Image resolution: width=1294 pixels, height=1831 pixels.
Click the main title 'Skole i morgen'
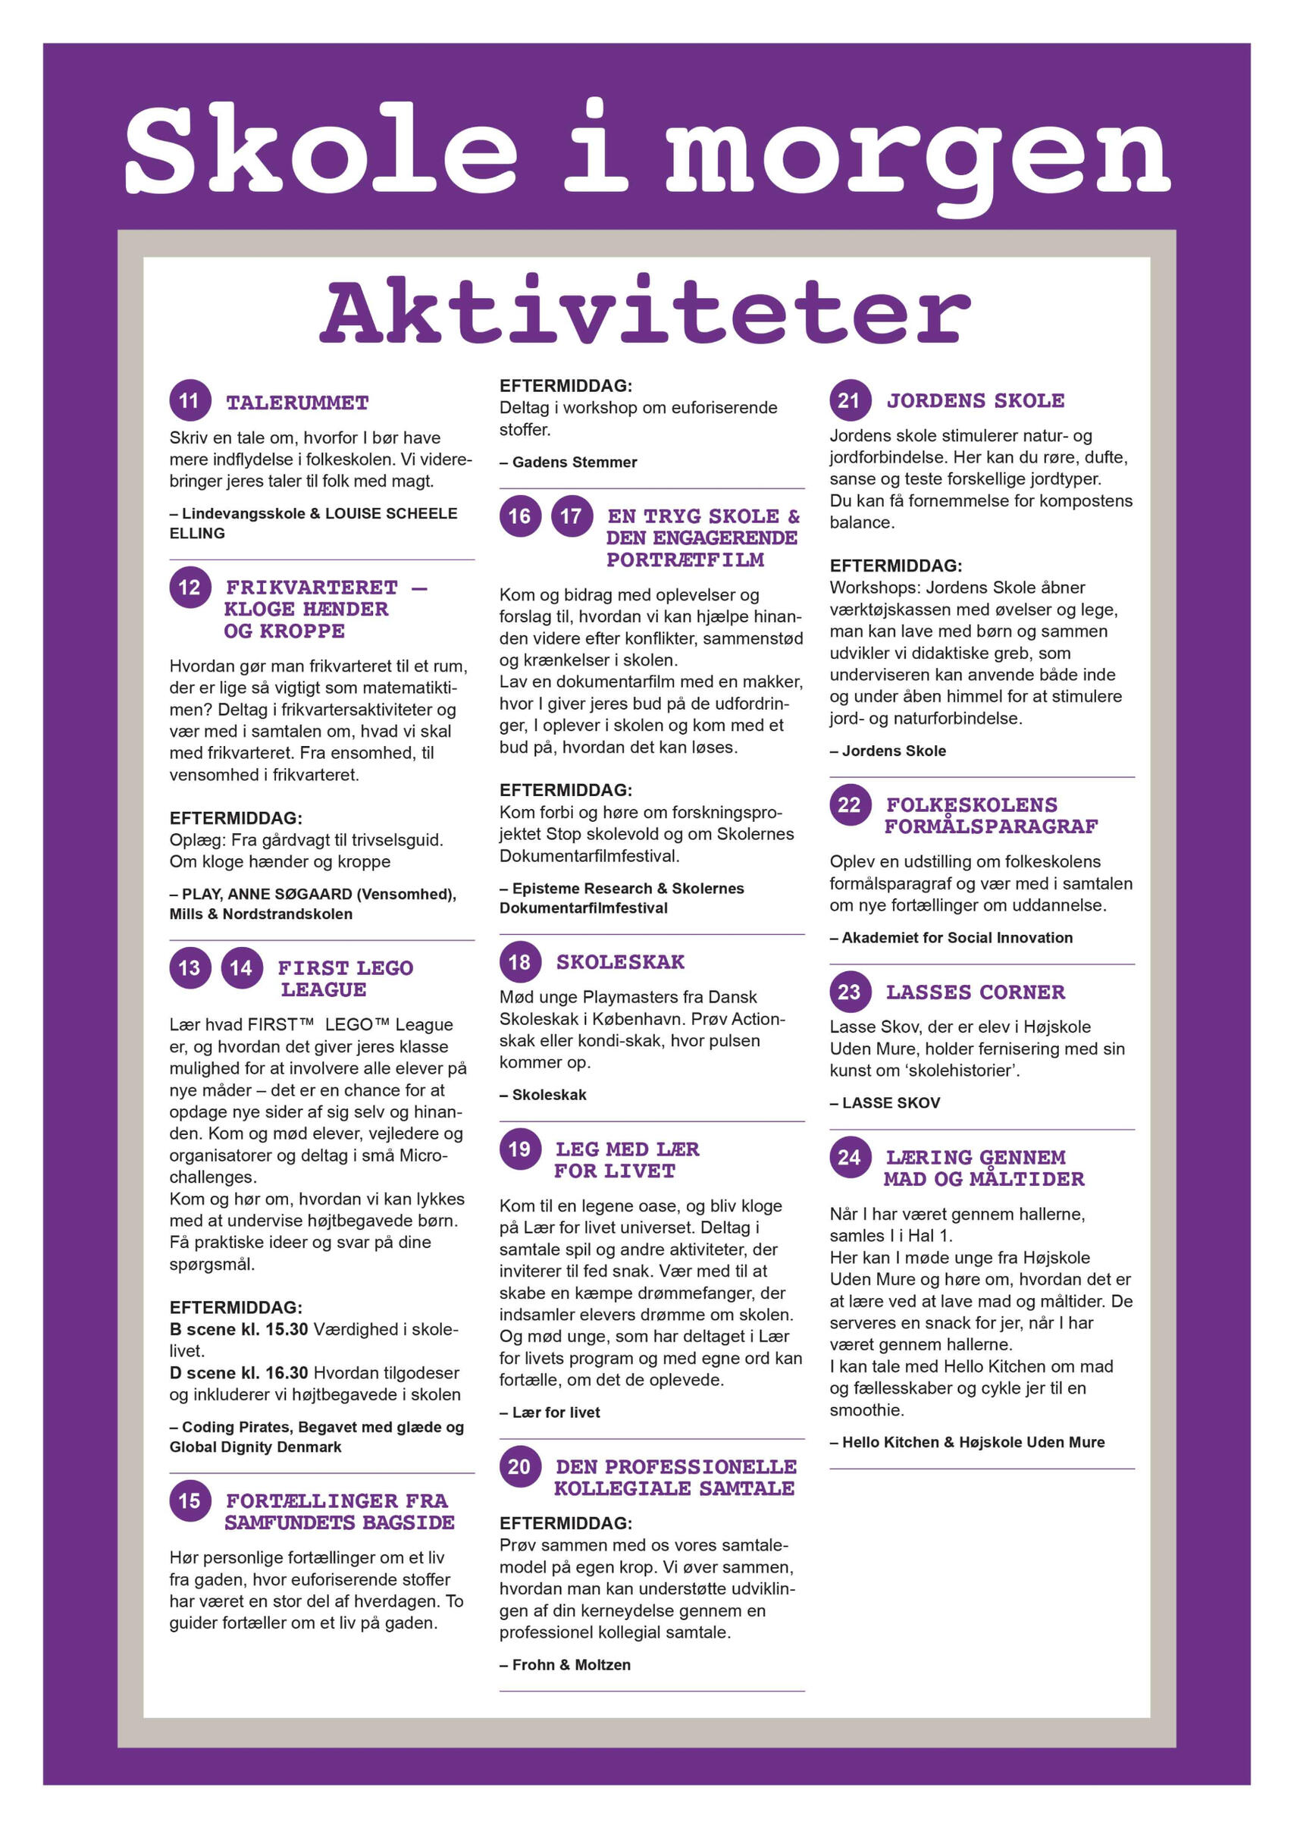pos(647,150)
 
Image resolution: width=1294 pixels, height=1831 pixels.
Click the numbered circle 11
pos(190,400)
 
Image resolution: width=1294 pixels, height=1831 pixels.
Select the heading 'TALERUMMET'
pos(296,403)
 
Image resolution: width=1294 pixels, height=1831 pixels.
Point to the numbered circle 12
pos(190,588)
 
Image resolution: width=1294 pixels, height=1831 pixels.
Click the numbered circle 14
pos(241,968)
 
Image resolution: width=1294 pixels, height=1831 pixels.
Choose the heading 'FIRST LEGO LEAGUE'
pos(344,979)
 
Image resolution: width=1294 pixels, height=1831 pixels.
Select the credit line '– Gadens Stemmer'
pos(568,462)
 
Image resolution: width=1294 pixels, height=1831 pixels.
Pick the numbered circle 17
pos(572,516)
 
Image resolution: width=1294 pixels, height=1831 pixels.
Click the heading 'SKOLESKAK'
pos(619,962)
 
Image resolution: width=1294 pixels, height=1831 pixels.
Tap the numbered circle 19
pos(520,1149)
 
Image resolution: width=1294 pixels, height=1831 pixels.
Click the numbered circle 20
pos(520,1466)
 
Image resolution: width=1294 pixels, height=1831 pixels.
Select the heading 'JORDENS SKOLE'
pos(975,400)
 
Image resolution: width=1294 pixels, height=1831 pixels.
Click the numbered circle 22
pos(850,804)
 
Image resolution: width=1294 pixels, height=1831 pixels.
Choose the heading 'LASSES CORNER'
pos(975,992)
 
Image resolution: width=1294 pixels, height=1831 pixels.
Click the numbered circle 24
pos(850,1157)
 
